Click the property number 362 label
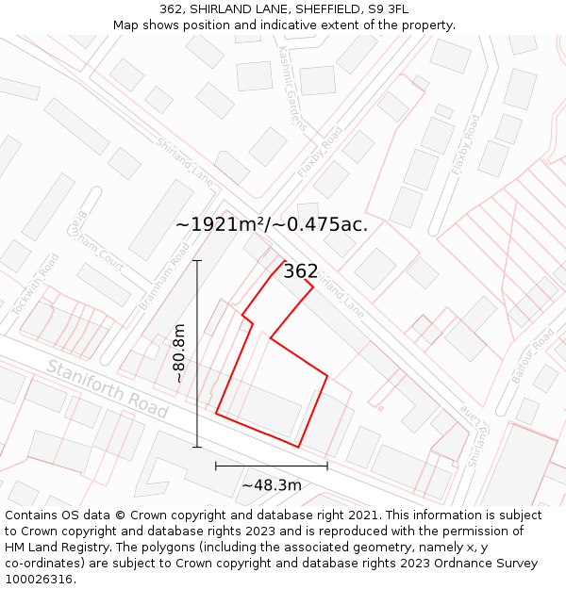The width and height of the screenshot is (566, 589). pyautogui.click(x=301, y=271)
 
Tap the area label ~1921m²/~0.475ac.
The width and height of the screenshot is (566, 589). pyautogui.click(x=272, y=225)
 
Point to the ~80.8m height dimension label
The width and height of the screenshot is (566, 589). pyautogui.click(x=179, y=353)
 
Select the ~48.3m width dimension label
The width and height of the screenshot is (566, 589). pyautogui.click(x=272, y=485)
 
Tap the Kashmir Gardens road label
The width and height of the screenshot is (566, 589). pyautogui.click(x=292, y=90)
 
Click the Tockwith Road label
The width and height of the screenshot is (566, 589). pyautogui.click(x=35, y=285)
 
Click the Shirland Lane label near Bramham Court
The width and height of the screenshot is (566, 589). pyautogui.click(x=184, y=160)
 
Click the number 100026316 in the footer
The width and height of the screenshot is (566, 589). pyautogui.click(x=41, y=580)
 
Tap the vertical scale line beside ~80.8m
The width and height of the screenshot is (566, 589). pyautogui.click(x=197, y=353)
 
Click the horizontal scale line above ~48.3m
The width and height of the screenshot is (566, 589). pyautogui.click(x=272, y=466)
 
